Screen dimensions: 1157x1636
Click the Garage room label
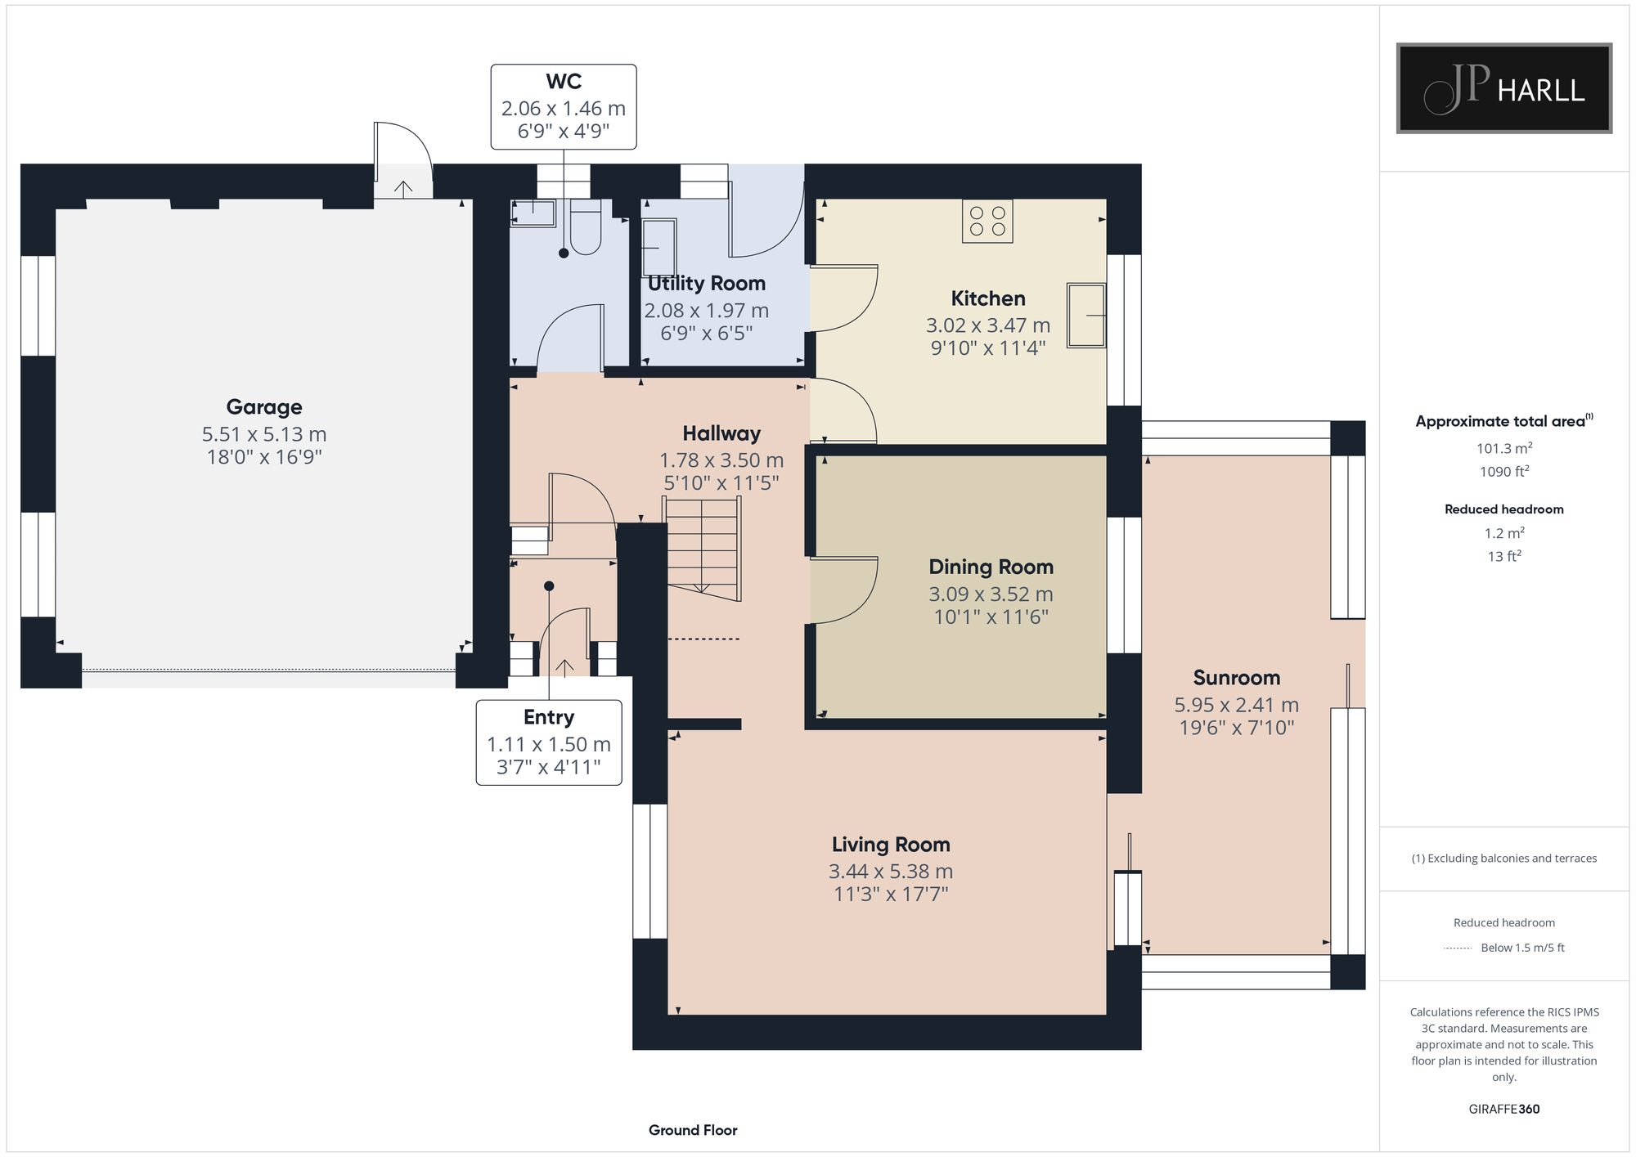coord(264,406)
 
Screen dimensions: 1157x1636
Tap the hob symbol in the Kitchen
coord(987,221)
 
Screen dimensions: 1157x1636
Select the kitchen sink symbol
coord(1086,315)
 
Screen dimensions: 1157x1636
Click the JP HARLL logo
coord(1503,88)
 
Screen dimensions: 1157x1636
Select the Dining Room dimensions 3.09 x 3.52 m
coord(991,594)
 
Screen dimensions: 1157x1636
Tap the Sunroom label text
coord(1236,677)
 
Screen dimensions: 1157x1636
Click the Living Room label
coord(891,844)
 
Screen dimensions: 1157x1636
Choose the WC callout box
coord(564,107)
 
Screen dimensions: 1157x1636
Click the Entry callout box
coord(549,742)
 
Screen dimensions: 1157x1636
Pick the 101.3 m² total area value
coord(1504,448)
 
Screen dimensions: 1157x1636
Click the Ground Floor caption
coord(693,1130)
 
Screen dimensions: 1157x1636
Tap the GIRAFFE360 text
coord(1503,1109)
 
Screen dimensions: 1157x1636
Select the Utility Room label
coord(707,283)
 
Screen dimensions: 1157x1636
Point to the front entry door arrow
coord(564,666)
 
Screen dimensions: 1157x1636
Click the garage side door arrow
coord(403,188)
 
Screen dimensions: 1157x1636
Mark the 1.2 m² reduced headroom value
coord(1504,533)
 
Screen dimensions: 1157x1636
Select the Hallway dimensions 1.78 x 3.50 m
coord(721,460)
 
